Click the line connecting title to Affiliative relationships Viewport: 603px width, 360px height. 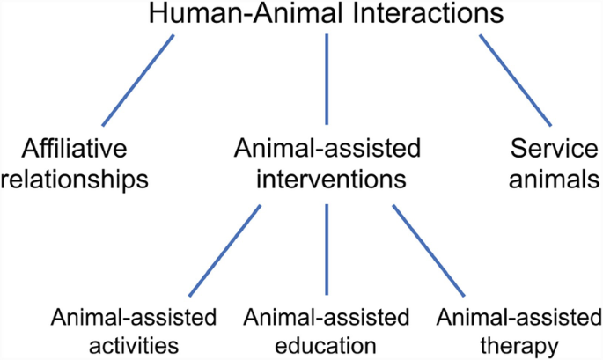pyautogui.click(x=138, y=79)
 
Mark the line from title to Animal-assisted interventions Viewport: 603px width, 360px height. pyautogui.click(x=327, y=79)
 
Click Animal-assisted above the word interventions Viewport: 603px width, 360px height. pyautogui.click(x=327, y=148)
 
